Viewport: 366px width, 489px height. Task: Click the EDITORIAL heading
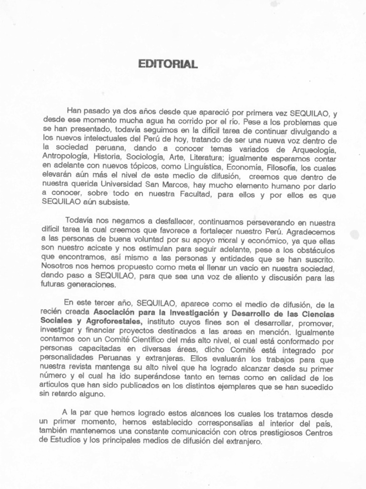167,64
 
